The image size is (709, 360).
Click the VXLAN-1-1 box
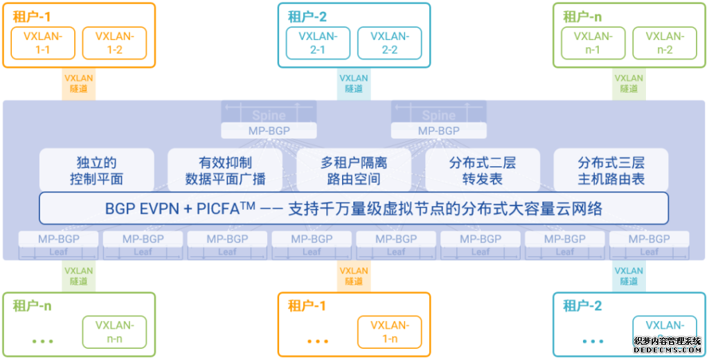coord(43,43)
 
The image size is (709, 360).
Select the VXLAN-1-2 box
coord(114,43)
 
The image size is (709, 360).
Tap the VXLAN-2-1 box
coord(318,43)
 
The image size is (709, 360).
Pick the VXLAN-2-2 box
coord(389,43)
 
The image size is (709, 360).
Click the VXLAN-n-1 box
coord(593,43)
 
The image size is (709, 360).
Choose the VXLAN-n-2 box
coord(665,43)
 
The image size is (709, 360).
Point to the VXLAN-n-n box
coord(114,332)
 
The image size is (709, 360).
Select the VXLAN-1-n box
coord(389,332)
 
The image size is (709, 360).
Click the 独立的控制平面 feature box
coord(96,170)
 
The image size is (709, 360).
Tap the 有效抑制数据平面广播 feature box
coord(225,170)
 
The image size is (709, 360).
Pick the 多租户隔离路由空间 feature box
coord(354,170)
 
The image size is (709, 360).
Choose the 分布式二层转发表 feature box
coord(483,170)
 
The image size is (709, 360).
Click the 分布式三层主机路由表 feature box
coord(611,170)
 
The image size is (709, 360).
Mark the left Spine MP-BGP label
coord(269,130)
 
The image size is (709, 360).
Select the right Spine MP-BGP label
coord(439,130)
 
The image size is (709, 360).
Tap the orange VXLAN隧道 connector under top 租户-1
coord(79,84)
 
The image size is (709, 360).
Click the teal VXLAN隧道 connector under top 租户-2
coord(354,84)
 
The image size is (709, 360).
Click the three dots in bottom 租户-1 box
coord(318,341)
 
